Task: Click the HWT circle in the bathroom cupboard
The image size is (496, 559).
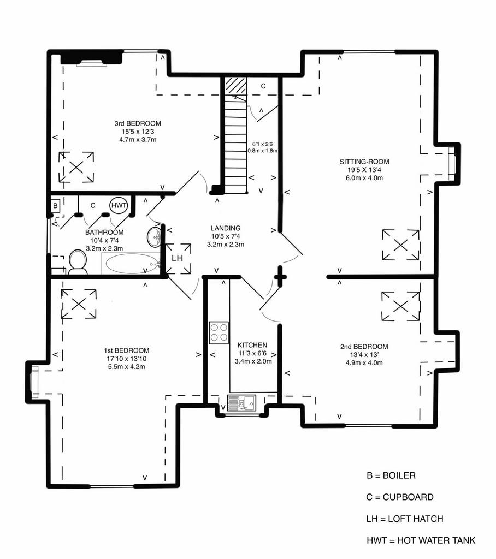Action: [x=119, y=205]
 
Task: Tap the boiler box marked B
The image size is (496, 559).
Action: [x=55, y=206]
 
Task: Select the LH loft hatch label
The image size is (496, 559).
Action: [x=178, y=258]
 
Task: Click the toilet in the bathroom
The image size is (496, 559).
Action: [x=78, y=262]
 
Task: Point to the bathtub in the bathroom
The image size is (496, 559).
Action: [x=131, y=264]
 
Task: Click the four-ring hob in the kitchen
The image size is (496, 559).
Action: [x=219, y=333]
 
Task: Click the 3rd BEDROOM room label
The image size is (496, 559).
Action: [x=138, y=123]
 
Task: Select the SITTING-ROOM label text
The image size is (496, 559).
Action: [x=364, y=162]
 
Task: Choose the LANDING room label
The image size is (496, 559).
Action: [x=226, y=228]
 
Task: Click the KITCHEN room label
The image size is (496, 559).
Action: [x=252, y=345]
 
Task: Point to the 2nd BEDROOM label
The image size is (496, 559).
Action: [x=364, y=347]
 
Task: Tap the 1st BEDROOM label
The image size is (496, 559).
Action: [x=127, y=350]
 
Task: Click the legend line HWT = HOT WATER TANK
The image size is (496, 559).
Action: [x=421, y=540]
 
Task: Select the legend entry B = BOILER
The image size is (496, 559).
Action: [x=391, y=475]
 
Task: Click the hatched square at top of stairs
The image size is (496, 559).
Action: [x=236, y=86]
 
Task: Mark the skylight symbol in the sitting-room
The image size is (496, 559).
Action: [x=400, y=245]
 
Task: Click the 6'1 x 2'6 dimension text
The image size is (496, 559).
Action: [x=262, y=144]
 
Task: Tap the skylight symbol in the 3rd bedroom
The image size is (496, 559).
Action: [x=76, y=167]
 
